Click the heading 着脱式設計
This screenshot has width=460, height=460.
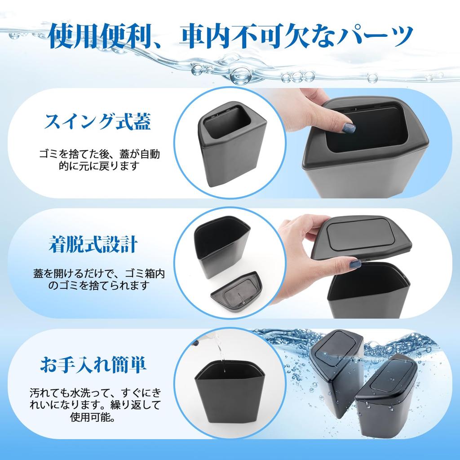(x=93, y=245)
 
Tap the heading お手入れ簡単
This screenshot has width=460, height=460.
(x=93, y=364)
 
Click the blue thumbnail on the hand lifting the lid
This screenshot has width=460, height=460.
(x=355, y=264)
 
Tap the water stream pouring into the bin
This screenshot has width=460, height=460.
(x=220, y=355)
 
